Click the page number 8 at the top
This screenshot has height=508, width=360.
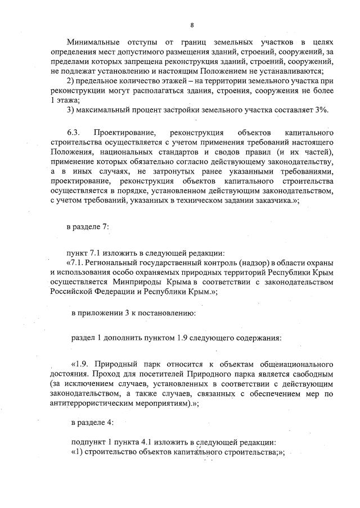pyautogui.click(x=192, y=25)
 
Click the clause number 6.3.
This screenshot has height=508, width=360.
pyautogui.click(x=74, y=132)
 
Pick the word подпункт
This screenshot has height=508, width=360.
pyautogui.click(x=88, y=443)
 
